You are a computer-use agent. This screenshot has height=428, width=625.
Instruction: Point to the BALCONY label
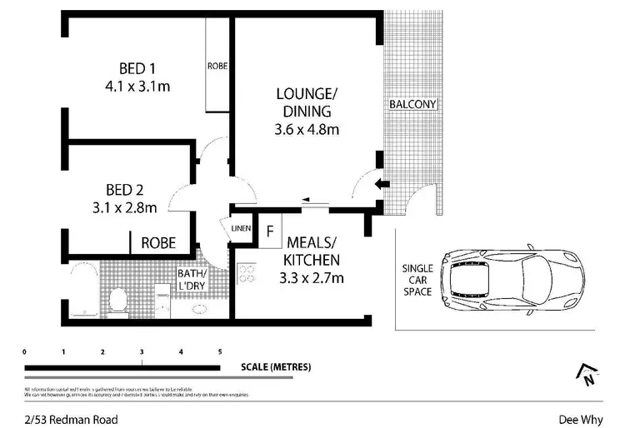click(412, 104)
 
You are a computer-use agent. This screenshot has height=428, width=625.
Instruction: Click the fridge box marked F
click(269, 231)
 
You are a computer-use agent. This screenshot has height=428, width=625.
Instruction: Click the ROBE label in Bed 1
click(218, 65)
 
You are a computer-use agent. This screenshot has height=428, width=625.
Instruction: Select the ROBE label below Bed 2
click(157, 243)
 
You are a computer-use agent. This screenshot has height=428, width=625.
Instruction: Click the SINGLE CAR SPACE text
click(417, 280)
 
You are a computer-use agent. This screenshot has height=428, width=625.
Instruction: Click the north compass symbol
click(588, 375)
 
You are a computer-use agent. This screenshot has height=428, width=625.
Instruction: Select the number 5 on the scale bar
click(220, 352)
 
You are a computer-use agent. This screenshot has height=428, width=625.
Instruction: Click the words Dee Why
click(575, 421)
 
